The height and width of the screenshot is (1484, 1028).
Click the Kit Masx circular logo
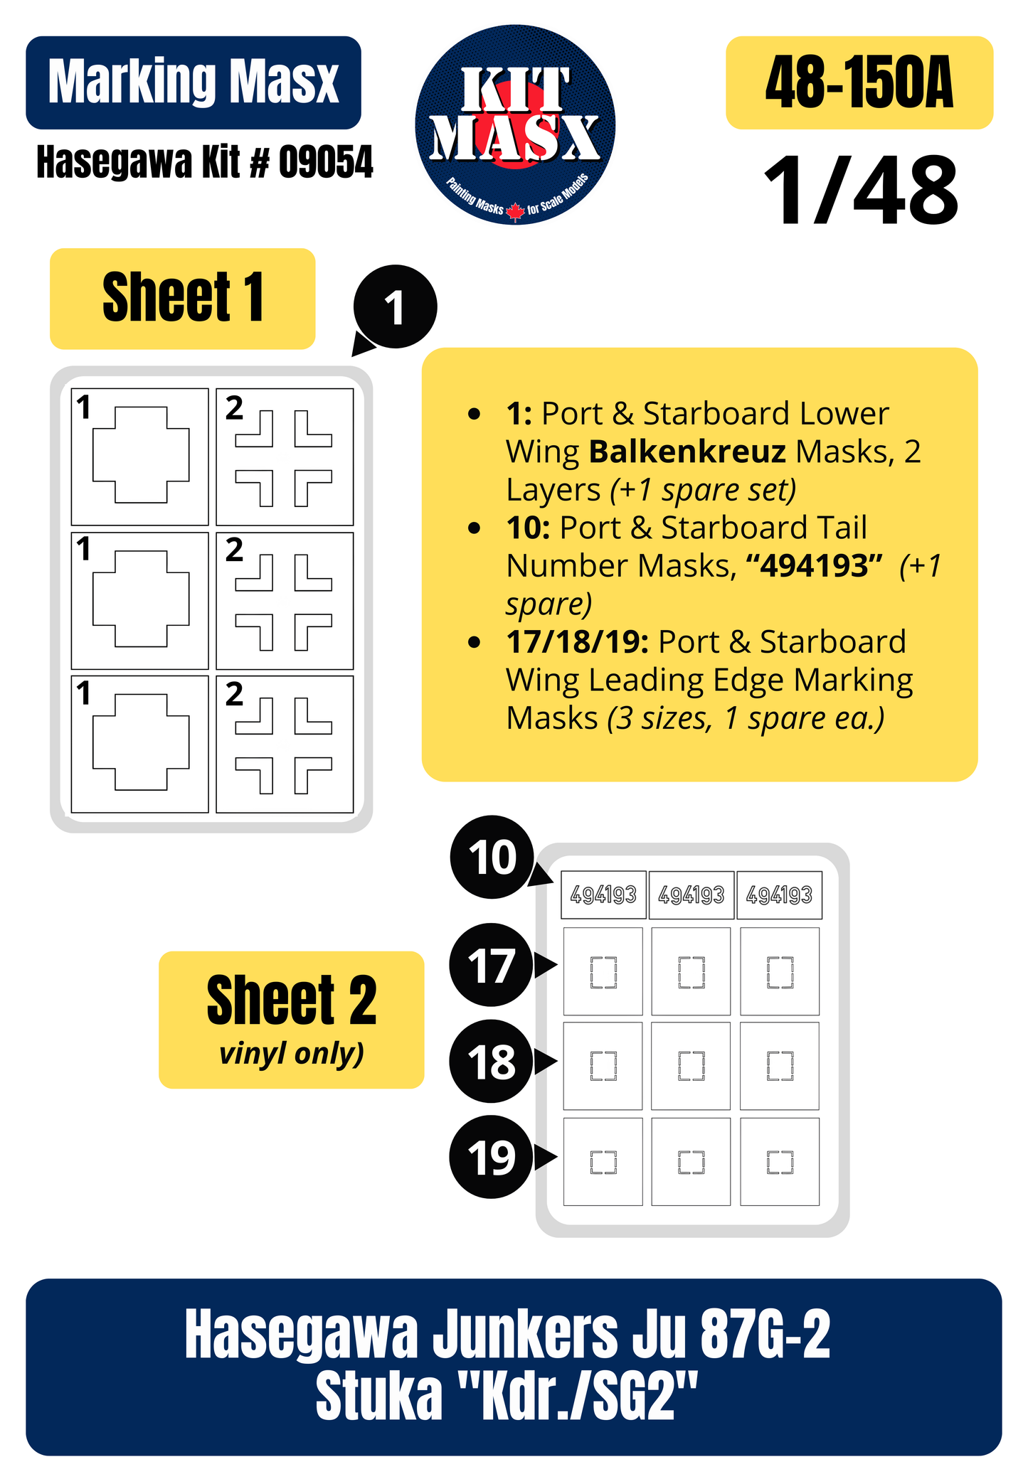coord(515,125)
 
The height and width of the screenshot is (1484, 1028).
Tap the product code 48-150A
coord(859,83)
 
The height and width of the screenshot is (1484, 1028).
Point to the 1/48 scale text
coord(861,191)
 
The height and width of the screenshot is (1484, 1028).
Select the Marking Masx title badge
coord(194,82)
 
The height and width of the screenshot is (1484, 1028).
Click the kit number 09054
coord(325,162)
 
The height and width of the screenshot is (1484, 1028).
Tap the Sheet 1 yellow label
coord(182,299)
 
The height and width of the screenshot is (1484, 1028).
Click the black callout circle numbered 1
coord(395,307)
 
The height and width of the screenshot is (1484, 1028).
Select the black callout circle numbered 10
coord(492,857)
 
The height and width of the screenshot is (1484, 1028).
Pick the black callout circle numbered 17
coord(491,965)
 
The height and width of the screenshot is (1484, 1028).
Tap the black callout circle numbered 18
coord(491,1062)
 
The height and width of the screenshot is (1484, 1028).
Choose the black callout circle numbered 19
coord(491,1157)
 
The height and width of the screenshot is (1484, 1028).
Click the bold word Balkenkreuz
coord(687,452)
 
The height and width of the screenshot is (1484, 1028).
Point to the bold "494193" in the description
coord(814,566)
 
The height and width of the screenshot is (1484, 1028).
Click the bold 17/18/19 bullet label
coord(577,642)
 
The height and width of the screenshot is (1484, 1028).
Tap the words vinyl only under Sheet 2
coord(291,1052)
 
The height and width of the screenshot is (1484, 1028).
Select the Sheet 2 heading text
coord(292,1000)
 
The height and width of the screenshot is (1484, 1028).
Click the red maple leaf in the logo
coord(515,211)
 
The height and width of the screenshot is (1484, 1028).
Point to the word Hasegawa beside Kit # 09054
coord(115,162)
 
